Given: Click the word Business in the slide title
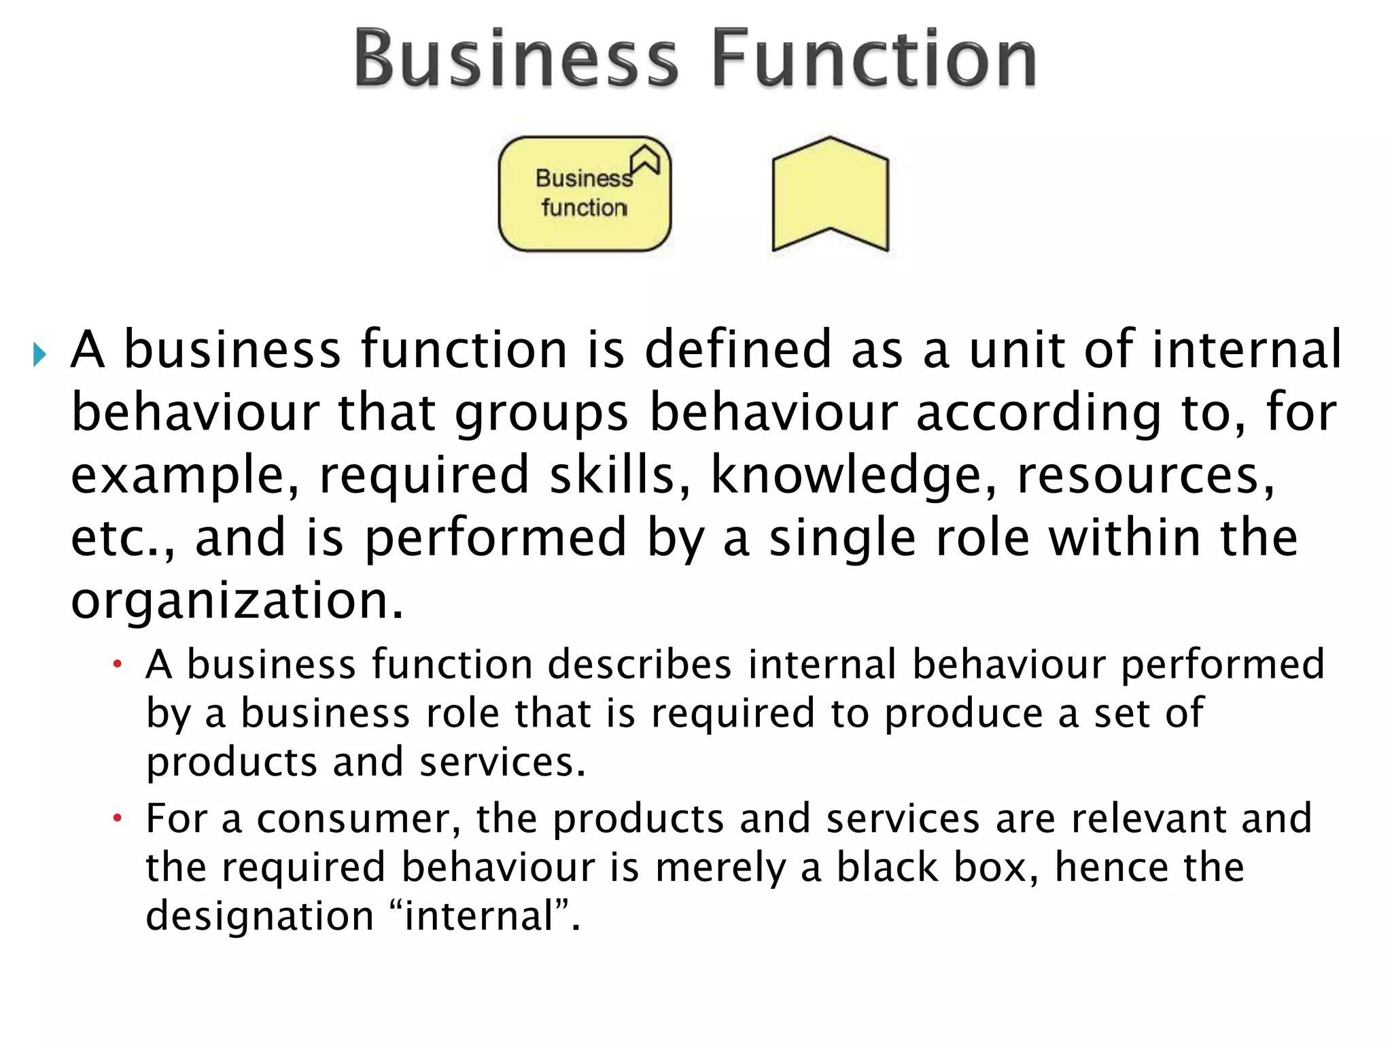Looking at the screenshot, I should [x=516, y=60].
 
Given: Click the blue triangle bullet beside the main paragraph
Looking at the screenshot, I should [x=39, y=354].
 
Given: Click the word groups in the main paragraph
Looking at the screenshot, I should [x=542, y=413].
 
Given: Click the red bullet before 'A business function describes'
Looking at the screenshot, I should [x=117, y=663].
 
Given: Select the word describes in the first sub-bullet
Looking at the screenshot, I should [x=640, y=664].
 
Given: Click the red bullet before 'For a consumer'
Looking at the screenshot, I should [x=117, y=818].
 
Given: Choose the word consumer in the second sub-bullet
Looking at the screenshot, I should [x=353, y=818].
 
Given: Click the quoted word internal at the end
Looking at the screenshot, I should [x=479, y=916].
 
